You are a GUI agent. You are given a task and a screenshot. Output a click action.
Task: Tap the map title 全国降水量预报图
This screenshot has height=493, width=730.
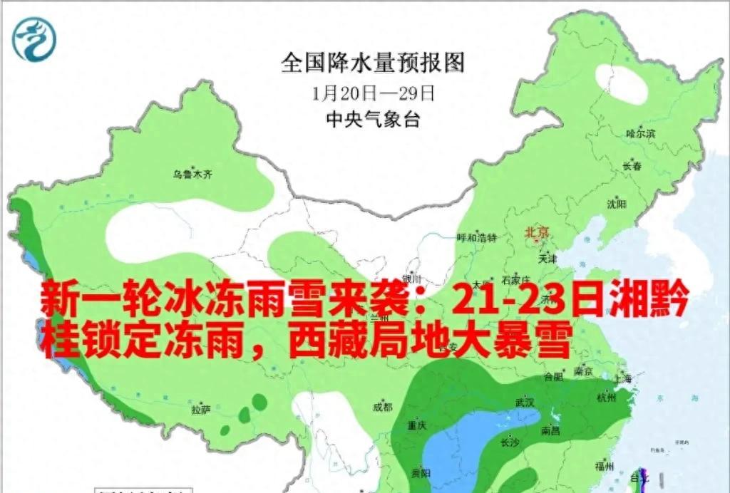point(372,63)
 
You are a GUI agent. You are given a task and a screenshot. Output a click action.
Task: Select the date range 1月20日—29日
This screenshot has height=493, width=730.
point(373,93)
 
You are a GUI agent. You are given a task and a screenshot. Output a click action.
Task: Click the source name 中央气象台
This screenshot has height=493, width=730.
point(372,119)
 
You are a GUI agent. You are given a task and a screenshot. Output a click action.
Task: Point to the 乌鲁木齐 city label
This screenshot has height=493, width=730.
point(193,173)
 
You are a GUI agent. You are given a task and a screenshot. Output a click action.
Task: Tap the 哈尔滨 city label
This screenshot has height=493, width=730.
point(639,133)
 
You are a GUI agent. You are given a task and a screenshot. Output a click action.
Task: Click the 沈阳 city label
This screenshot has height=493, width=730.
point(617,204)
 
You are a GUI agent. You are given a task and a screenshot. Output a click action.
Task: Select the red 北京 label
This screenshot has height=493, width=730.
point(538,233)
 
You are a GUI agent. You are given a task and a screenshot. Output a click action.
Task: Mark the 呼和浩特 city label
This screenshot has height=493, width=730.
point(475,237)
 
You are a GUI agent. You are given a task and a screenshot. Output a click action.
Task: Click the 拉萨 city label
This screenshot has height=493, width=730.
point(201,410)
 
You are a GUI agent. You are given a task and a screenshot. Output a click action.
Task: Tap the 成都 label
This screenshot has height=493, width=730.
point(382,407)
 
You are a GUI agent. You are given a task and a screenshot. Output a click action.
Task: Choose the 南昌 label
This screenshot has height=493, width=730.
point(550,430)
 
